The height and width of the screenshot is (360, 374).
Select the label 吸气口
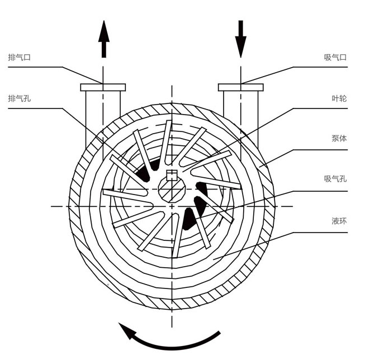click(335, 58)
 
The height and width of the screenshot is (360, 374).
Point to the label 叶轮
click(339, 98)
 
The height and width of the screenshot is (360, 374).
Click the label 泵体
click(339, 138)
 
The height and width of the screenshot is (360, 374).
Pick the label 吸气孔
click(335, 179)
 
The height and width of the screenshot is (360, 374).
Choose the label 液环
click(339, 220)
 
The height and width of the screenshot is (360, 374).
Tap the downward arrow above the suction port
click(240, 38)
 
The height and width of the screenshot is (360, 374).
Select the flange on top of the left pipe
click(103, 87)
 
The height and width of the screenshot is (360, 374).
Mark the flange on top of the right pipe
click(240, 87)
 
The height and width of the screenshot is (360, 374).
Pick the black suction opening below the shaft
click(188, 218)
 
